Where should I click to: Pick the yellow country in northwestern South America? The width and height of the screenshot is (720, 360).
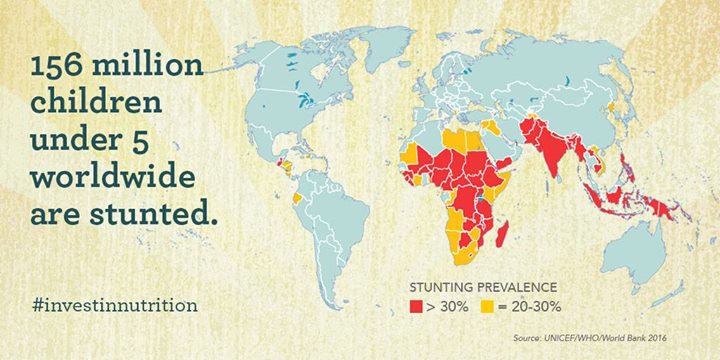click(299, 197)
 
